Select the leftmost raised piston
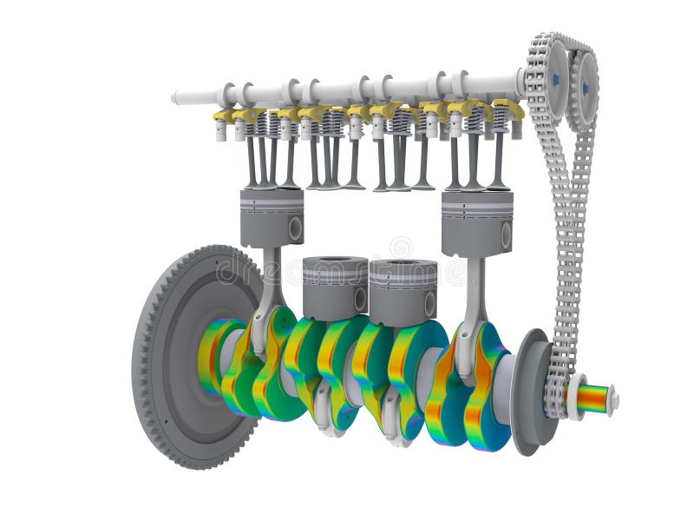click(272, 218)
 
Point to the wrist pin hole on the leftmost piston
click(295, 228)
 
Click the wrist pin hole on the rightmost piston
click(505, 235)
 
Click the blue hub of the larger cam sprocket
click(555, 79)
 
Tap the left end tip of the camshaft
click(175, 97)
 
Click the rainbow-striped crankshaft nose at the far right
click(593, 399)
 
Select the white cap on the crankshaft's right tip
click(613, 399)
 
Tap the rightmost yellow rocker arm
click(508, 110)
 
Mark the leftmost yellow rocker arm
click(224, 115)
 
